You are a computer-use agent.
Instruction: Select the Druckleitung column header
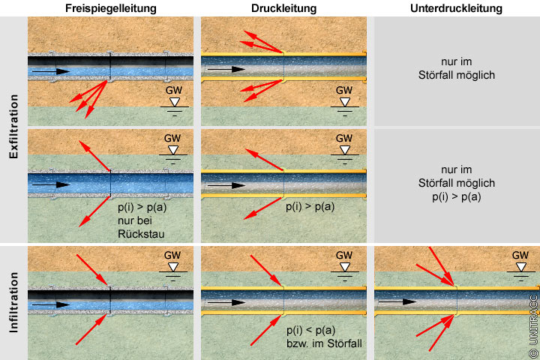[283, 9]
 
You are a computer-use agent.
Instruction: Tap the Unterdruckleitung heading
[456, 9]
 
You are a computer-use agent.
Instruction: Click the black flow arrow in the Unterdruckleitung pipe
[398, 301]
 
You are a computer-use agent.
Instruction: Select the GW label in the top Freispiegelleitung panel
[173, 90]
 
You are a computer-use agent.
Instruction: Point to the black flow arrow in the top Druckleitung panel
[225, 68]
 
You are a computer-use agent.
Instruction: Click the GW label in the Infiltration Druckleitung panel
[344, 255]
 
